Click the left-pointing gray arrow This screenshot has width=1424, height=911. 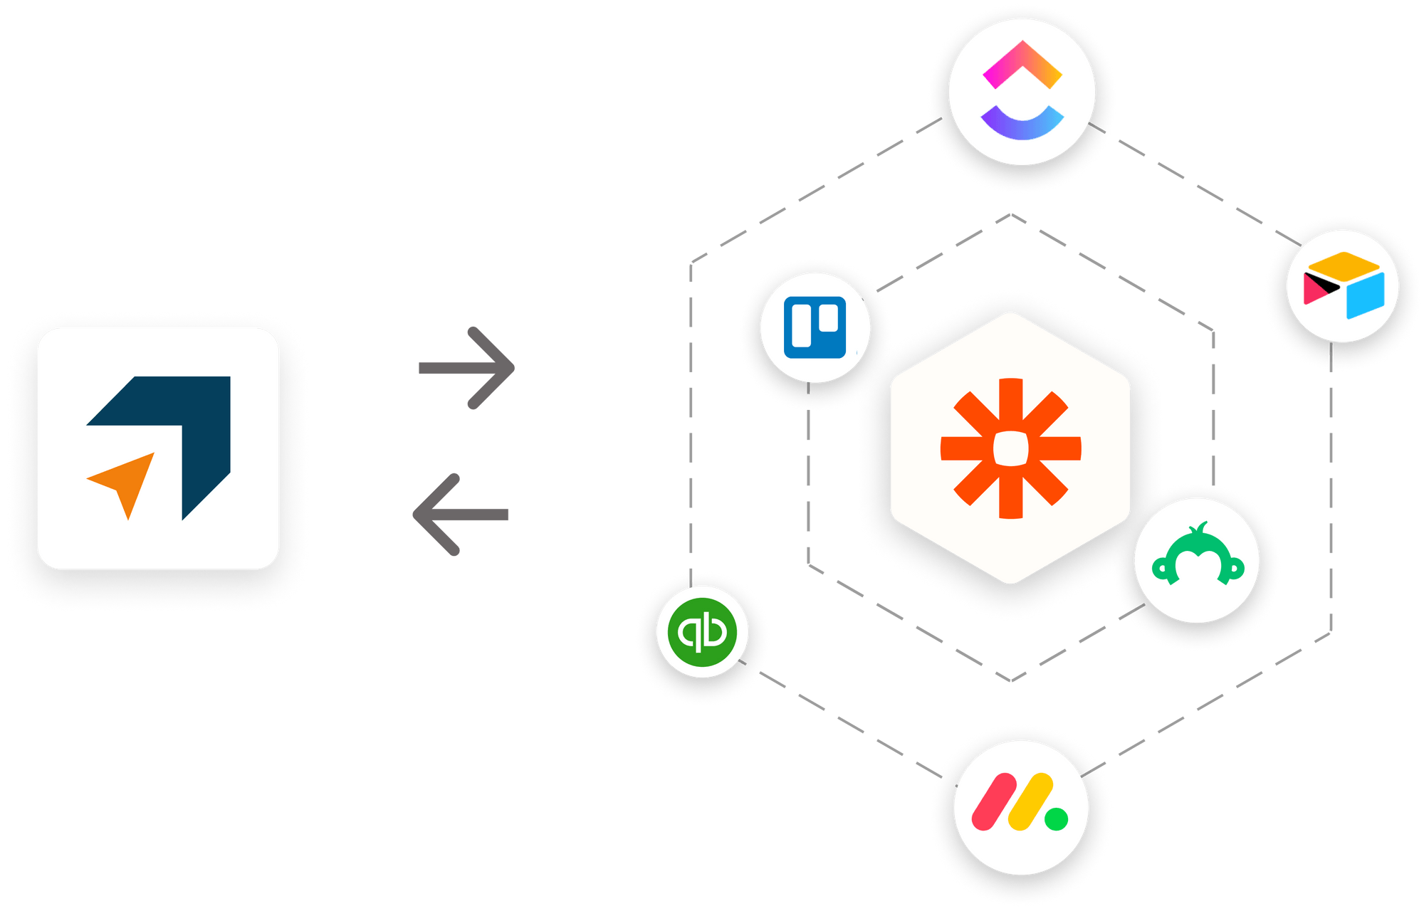pos(461,514)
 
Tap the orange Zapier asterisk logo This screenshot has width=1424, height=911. pos(1010,448)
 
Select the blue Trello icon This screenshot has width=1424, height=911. pos(815,327)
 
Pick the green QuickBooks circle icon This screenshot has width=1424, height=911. pos(702,631)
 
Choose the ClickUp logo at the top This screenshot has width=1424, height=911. pos(1022,91)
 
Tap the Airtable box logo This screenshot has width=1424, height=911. pos(1343,285)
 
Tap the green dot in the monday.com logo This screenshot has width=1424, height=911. pos(1056,818)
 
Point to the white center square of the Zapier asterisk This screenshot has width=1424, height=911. pos(1010,448)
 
